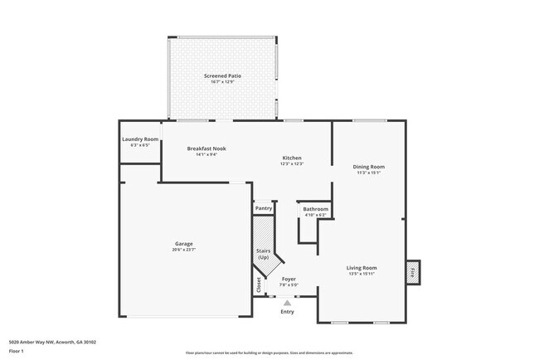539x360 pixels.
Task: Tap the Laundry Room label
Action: click(x=140, y=139)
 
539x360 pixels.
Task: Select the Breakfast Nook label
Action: click(x=206, y=148)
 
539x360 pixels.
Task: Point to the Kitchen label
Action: click(x=291, y=158)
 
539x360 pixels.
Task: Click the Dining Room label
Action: click(x=369, y=167)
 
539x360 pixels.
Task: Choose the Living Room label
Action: click(x=362, y=268)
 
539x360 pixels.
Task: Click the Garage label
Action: click(x=183, y=243)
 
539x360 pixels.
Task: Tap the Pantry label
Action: click(x=264, y=208)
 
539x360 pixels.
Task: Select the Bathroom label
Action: click(x=315, y=209)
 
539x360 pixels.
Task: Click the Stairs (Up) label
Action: click(x=264, y=255)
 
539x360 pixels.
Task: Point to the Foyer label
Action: click(x=289, y=279)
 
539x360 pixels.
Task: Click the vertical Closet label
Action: click(x=259, y=285)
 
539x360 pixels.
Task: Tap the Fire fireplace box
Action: click(x=412, y=270)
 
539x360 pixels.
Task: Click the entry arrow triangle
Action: click(x=287, y=303)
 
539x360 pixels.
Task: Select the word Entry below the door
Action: click(x=287, y=312)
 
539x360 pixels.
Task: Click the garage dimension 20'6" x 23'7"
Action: click(x=183, y=249)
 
